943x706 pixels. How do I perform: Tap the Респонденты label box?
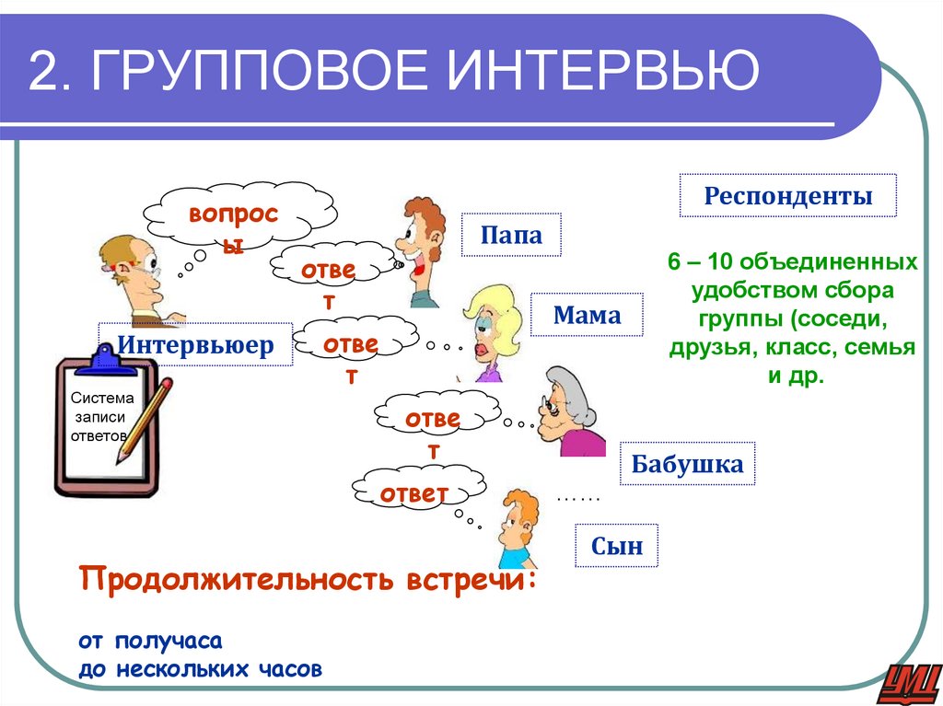787,195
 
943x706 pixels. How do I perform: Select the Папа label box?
510,235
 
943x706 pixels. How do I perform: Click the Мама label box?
587,316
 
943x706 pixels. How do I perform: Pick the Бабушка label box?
687,464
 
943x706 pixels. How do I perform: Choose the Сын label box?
616,546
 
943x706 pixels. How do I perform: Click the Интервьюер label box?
195,345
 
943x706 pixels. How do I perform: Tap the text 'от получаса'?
151,639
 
